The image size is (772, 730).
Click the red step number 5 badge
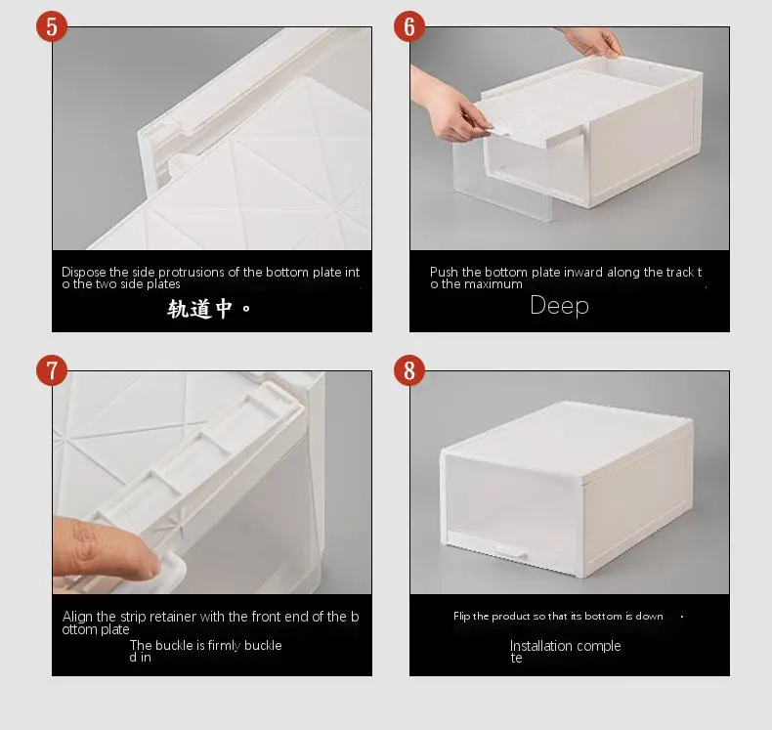pos(52,26)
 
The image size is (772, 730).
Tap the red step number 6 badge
pos(409,26)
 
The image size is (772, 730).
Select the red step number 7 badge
pos(52,370)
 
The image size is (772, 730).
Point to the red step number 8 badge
pos(409,370)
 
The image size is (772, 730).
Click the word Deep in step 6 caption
pos(559,306)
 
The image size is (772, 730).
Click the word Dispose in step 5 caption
pos(84,273)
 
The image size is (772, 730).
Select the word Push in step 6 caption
pos(444,273)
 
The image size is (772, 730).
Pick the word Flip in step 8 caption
pos(461,617)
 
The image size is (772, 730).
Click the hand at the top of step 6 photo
pos(593,41)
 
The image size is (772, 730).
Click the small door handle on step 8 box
pos(510,553)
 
